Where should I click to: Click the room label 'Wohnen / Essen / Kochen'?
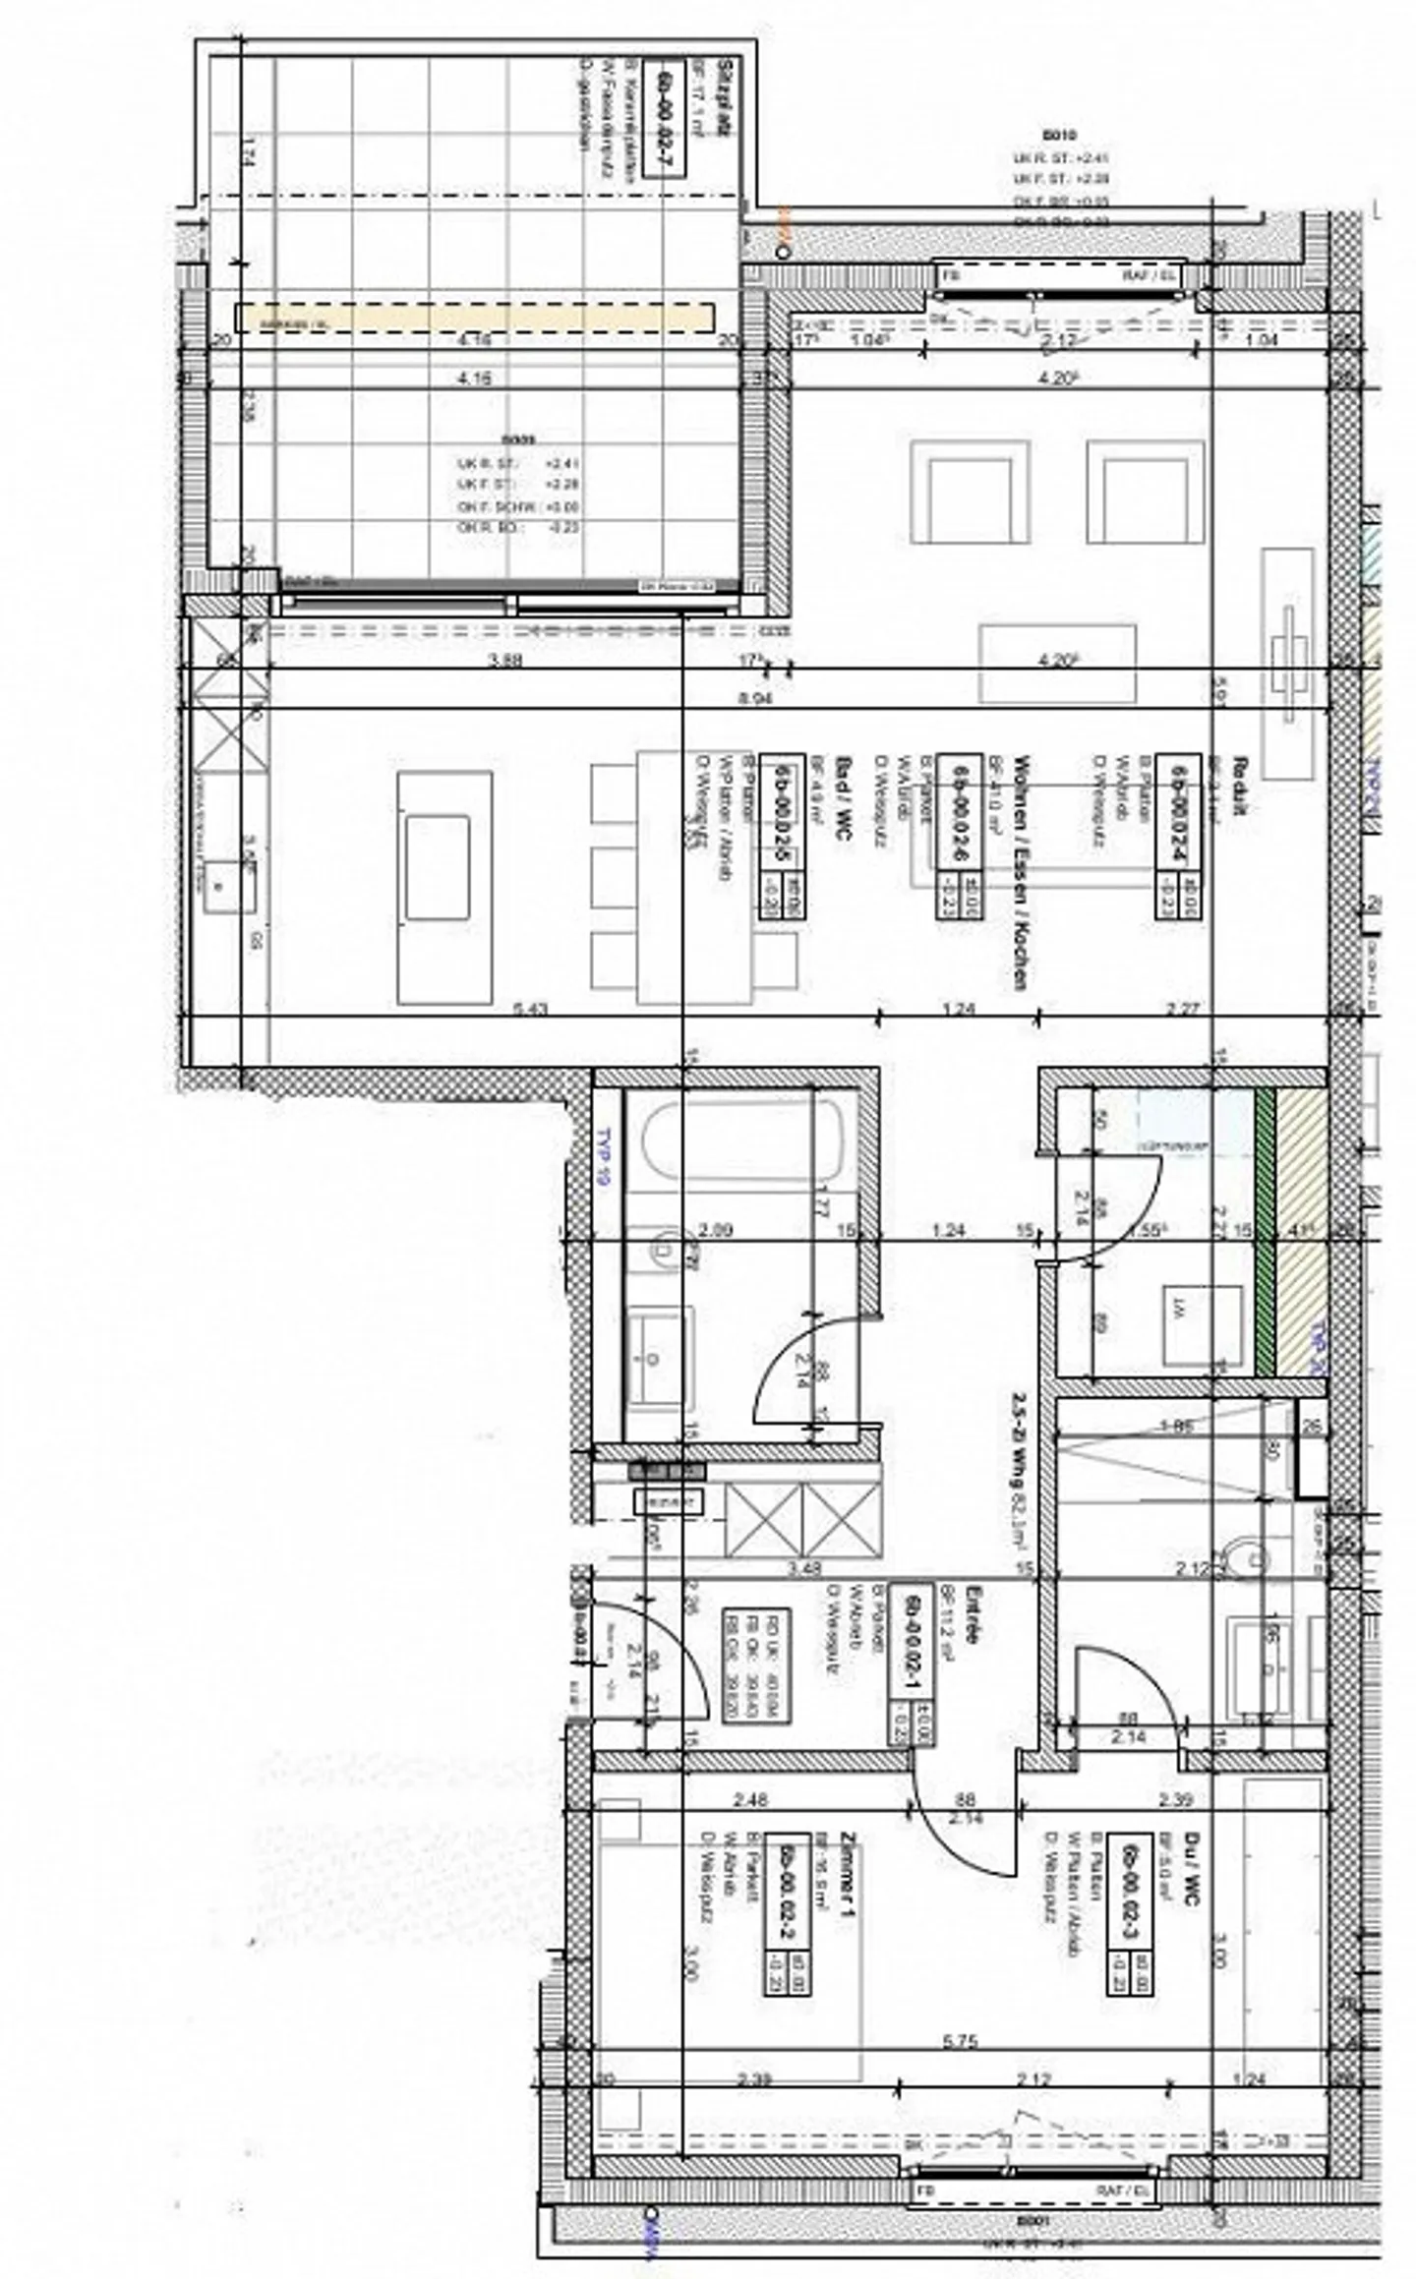tap(1022, 872)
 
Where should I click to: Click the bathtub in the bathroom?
tap(742, 1141)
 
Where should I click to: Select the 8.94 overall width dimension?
tap(753, 697)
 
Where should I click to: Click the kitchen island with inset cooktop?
tap(444, 887)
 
